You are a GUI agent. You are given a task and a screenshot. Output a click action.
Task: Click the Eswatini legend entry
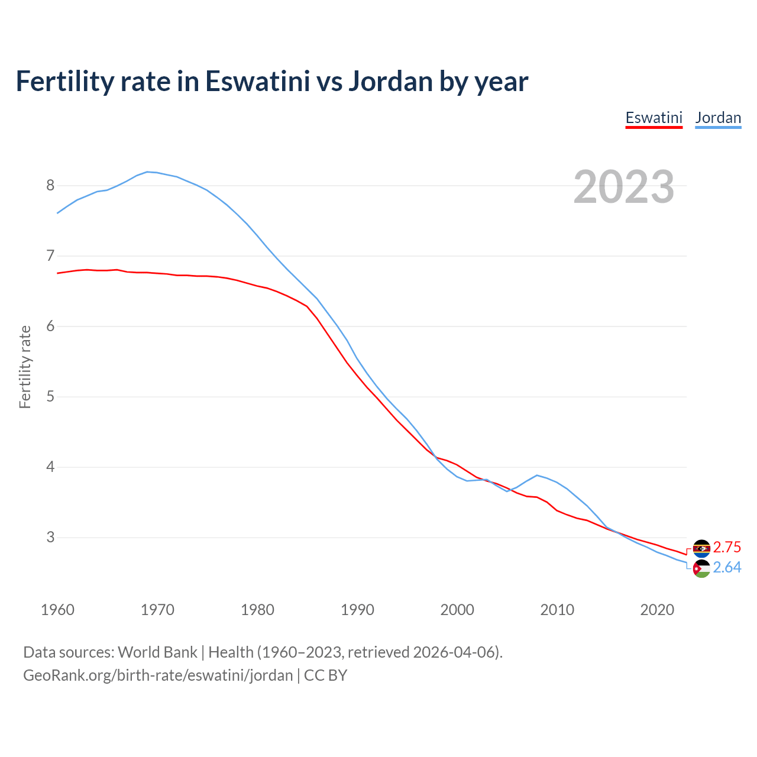[654, 118]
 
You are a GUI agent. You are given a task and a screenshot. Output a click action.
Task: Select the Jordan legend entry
[718, 118]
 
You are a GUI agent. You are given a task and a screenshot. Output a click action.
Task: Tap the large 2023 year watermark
[624, 187]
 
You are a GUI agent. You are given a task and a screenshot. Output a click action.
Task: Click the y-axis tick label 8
[50, 186]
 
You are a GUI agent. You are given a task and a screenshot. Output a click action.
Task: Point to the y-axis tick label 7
[50, 256]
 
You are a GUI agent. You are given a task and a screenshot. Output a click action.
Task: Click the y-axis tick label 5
[50, 397]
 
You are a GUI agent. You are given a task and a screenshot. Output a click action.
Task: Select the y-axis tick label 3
[50, 538]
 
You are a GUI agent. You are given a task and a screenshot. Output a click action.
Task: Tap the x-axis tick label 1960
[57, 610]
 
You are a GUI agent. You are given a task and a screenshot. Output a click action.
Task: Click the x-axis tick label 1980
[257, 610]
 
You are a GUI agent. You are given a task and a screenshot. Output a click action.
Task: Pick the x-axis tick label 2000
[457, 610]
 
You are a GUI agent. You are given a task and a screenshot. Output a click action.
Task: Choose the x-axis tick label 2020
[657, 610]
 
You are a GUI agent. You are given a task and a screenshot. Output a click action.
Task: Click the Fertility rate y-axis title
[25, 367]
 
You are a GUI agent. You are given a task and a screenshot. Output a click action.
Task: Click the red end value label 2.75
[727, 547]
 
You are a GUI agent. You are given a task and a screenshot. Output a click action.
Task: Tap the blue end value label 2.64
[727, 568]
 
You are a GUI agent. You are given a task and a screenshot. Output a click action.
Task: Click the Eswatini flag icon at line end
[701, 548]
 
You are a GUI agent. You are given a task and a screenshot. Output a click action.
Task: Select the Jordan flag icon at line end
[701, 569]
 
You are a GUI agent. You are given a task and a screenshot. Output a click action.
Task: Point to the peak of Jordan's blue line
[147, 172]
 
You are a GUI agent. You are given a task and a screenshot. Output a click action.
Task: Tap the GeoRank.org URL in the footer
[158, 675]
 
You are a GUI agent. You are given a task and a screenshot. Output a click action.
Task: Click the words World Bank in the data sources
[157, 652]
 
